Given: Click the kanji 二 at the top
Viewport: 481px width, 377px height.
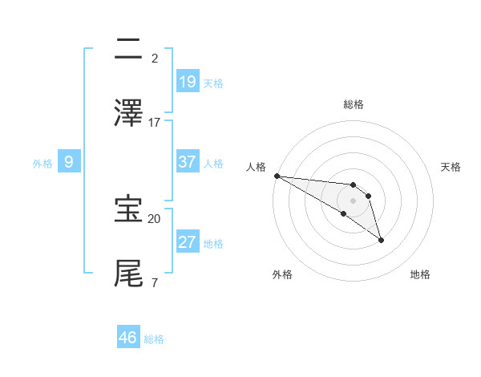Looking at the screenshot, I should tap(128, 50).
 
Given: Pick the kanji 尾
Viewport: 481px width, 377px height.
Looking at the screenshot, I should tap(128, 273).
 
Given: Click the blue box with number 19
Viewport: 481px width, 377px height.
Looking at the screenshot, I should tap(188, 82).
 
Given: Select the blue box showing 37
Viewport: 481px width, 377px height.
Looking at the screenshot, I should tap(188, 162).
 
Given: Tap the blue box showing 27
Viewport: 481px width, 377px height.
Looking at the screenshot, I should tap(188, 242).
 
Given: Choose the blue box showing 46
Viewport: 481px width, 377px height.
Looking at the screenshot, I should tap(128, 338).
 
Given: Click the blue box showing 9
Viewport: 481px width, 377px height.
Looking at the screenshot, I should tap(69, 162).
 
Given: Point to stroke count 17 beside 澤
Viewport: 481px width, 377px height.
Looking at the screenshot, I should tap(155, 123).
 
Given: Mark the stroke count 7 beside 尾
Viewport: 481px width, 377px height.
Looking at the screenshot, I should tap(154, 283).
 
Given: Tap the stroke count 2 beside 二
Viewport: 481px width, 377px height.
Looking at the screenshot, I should tap(154, 59).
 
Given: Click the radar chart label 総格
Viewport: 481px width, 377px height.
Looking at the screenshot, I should tap(353, 104).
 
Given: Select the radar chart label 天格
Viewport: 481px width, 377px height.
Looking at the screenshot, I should tap(451, 167).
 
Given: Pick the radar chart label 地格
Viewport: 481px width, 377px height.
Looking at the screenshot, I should tap(420, 274).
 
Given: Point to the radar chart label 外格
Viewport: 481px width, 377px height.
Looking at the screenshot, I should tap(282, 274).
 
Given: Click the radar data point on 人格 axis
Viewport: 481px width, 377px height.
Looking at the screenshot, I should tap(277, 176).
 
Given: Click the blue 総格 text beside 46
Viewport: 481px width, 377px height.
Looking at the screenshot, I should tap(154, 339).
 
